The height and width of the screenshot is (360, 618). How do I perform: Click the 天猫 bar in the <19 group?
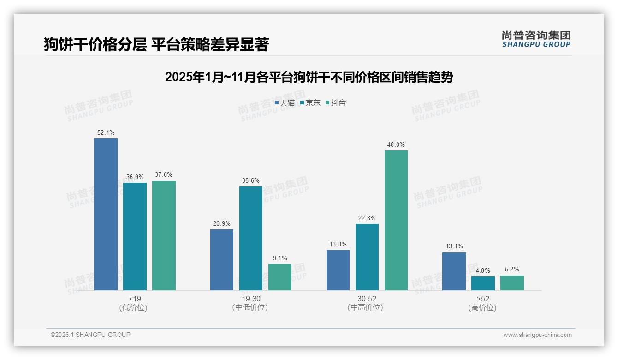coord(106,214)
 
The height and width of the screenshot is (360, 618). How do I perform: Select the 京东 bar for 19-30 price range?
coord(251,238)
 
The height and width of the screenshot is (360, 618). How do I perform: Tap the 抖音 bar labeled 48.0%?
coord(396,220)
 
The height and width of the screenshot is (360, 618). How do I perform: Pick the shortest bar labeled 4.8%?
coord(483,283)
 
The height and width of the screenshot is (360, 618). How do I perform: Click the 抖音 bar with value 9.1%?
coord(280,277)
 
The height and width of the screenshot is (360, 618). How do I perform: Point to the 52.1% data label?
coord(106,132)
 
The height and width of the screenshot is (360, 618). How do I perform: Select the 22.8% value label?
coord(367,218)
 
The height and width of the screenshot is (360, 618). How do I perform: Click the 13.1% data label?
coord(454,246)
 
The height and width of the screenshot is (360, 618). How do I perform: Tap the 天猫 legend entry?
coord(285,102)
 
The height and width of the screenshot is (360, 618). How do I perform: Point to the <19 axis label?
coord(135,299)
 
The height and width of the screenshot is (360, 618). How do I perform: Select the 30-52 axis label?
coord(367,299)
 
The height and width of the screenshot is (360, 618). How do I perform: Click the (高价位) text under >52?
coord(482,307)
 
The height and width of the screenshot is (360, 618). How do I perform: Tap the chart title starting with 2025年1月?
coord(309,77)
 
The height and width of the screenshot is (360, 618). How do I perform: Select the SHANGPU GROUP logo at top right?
coord(536,39)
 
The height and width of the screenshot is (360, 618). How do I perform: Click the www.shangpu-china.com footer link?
coord(537,335)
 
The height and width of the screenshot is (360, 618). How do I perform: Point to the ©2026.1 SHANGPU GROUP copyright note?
coord(90,335)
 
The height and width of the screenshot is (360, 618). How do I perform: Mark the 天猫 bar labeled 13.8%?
coord(338,270)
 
